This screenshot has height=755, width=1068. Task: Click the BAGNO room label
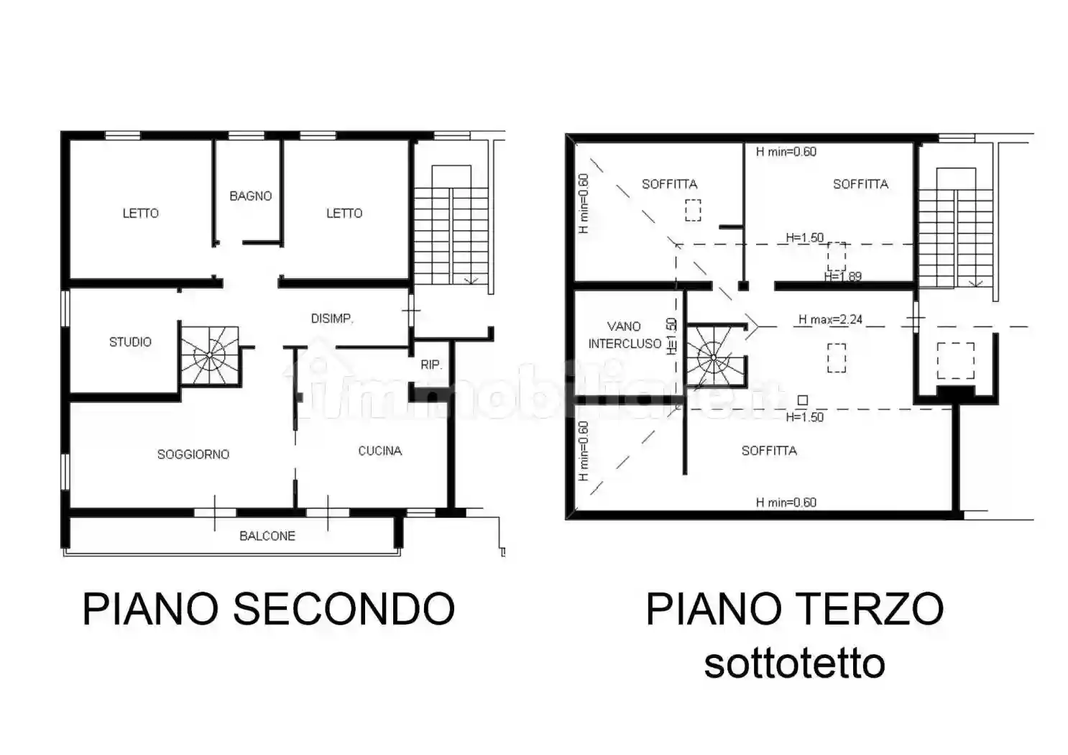pos(250,196)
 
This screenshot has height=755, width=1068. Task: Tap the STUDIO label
pos(130,342)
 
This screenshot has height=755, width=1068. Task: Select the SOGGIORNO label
pos(193,454)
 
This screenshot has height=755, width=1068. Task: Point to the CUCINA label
pos(379,451)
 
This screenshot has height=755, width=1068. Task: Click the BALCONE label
pos(267,536)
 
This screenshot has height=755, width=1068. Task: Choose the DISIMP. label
pos(332,318)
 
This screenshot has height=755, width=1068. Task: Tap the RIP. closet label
pos(431,365)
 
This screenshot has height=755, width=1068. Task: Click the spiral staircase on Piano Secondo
pos(208,355)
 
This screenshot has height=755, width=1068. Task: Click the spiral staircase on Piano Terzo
pos(712,357)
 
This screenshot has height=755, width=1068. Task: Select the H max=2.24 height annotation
pos(830,320)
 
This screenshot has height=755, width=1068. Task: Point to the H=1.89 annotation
pos(842,277)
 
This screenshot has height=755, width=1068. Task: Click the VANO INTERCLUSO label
pos(624,335)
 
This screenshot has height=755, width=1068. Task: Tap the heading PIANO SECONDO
pos(269,609)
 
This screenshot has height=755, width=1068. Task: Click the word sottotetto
pos(794,663)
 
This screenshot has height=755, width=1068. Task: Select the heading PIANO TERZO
pos(794,609)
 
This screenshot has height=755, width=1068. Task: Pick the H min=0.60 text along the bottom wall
pos(786,503)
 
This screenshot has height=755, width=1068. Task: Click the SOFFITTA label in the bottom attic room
pos(769,451)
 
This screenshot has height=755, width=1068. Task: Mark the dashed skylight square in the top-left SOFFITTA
pos(692,210)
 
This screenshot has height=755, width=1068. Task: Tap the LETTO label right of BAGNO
pos(344,213)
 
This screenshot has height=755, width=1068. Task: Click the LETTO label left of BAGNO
pos(140,213)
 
